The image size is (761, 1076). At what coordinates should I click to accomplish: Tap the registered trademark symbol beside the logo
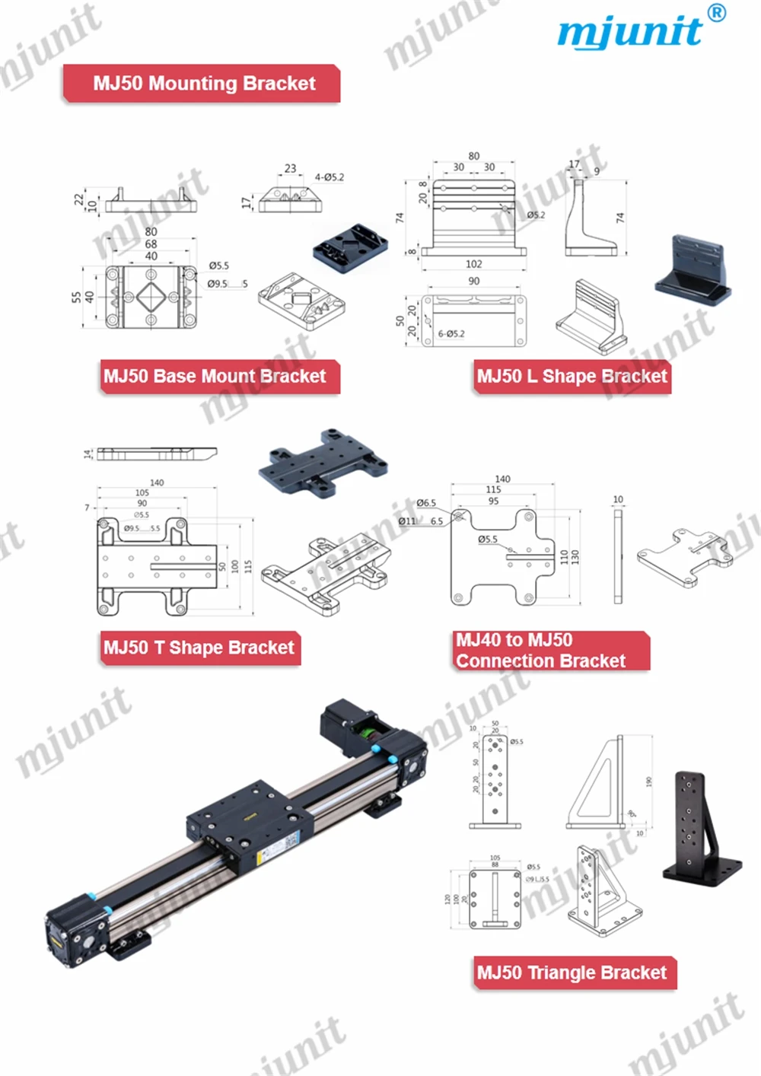click(716, 13)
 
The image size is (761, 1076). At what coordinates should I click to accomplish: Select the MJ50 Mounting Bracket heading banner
click(202, 84)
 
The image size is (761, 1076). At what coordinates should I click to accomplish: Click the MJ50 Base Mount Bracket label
click(216, 377)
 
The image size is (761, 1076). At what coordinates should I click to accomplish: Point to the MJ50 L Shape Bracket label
click(572, 377)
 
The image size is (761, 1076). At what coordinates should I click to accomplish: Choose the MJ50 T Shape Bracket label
click(199, 648)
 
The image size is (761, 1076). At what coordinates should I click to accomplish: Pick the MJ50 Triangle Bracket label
click(572, 973)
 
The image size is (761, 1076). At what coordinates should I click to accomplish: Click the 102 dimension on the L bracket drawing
click(473, 264)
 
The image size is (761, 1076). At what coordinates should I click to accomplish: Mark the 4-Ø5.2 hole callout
click(330, 177)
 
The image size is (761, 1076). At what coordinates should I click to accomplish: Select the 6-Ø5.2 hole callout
click(451, 334)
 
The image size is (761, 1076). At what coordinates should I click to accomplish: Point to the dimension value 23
click(290, 168)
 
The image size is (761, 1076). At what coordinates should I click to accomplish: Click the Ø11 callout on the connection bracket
click(407, 521)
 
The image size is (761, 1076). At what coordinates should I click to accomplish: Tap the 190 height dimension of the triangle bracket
click(648, 782)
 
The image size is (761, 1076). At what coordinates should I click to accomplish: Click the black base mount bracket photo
click(350, 247)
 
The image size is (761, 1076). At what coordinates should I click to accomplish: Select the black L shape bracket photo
click(693, 271)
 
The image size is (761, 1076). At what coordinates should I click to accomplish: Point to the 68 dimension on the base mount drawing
click(151, 244)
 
